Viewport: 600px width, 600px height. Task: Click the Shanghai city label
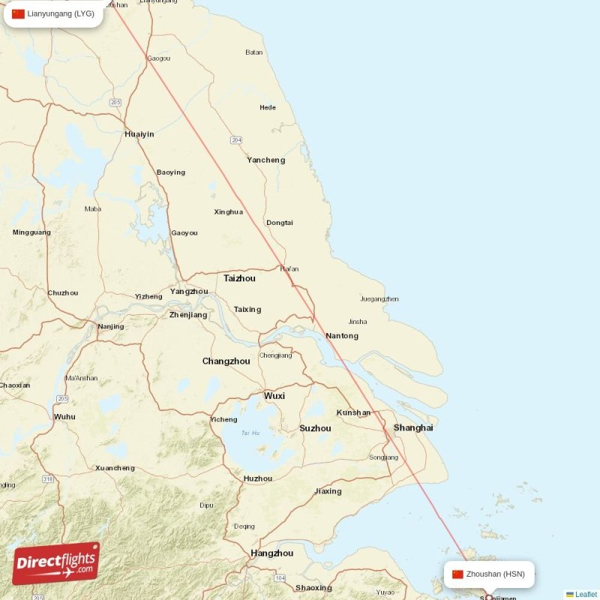pos(413,427)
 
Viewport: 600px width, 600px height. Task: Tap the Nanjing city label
pos(111,326)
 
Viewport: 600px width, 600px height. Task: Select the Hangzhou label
pos(271,553)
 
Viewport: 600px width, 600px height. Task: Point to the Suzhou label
pos(315,428)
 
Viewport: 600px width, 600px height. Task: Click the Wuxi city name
pos(274,395)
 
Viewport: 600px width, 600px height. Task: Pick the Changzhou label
pos(226,361)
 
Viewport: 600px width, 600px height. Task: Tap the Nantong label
pos(342,336)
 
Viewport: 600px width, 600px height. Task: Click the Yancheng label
pos(266,160)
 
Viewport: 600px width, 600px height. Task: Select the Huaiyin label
pos(139,134)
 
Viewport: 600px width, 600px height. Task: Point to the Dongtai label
pos(280,223)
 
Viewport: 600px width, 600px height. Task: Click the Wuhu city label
pos(65,416)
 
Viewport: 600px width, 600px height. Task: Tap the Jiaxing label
pos(328,491)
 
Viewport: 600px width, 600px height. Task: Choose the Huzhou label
pos(258,478)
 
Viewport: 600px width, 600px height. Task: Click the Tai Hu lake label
pos(250,433)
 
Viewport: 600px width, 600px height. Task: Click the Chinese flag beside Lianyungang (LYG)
pos(19,13)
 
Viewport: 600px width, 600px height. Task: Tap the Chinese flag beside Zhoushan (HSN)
pos(457,574)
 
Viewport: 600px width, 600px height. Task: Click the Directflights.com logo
pos(56,563)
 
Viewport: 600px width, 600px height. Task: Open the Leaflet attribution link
pos(586,595)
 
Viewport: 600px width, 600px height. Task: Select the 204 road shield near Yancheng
pos(237,140)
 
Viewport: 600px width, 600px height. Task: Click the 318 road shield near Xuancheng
pos(49,478)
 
